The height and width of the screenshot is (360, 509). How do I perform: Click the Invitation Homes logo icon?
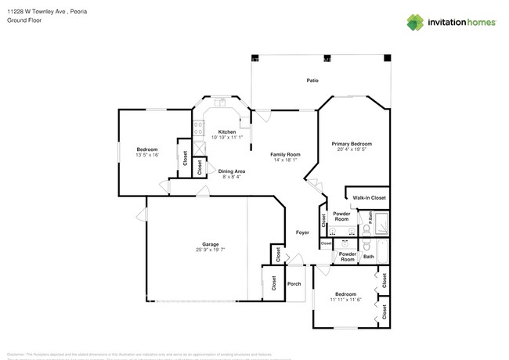tap(414, 23)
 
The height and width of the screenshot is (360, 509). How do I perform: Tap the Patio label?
tap(312, 81)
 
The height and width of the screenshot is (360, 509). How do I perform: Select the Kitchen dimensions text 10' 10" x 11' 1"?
tap(227, 137)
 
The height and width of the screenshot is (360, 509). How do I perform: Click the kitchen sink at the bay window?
tap(223, 102)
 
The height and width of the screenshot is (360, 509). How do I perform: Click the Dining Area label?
tap(232, 171)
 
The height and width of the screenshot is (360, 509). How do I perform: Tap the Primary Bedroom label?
tap(351, 144)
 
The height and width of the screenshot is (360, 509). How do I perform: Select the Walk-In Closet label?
tap(369, 199)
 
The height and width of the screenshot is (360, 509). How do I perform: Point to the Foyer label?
tap(302, 232)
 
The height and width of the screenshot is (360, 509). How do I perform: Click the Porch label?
tap(294, 284)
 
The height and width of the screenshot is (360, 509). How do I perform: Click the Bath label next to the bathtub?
tap(368, 257)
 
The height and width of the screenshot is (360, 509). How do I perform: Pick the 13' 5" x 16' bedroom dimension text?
tap(147, 155)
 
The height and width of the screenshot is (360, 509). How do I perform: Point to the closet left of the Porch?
tap(273, 284)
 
